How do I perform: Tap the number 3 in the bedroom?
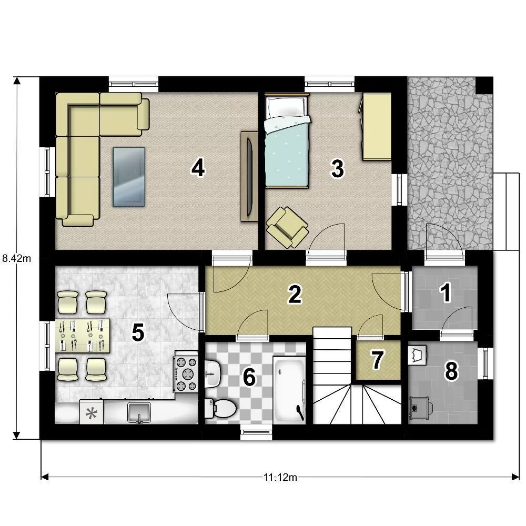coord(337,168)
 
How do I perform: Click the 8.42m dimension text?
coord(16,258)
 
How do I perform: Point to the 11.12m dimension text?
coord(280,477)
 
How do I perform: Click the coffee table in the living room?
coord(129,176)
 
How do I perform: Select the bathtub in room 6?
coord(289,389)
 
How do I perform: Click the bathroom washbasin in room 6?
coord(213,373)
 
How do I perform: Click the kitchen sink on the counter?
coord(139,412)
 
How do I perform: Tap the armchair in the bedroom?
coord(288,227)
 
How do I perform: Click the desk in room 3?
coord(377,126)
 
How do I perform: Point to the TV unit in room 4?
coord(249,176)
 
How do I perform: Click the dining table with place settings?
coord(83,336)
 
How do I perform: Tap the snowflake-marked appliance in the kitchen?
coord(91,412)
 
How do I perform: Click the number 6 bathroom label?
coord(249,377)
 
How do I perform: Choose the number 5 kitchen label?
coord(138,333)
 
